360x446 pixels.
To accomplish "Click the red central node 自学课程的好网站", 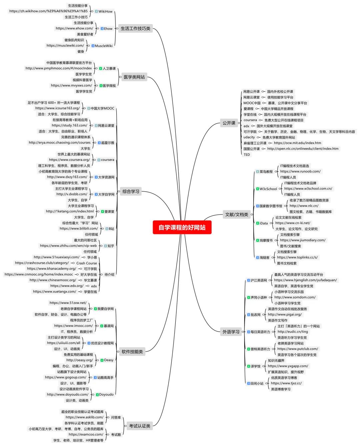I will (x=182, y=228).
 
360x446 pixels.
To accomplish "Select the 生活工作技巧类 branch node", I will (x=135, y=28).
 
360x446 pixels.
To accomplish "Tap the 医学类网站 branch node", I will (x=134, y=77).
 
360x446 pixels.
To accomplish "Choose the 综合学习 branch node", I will (x=131, y=191).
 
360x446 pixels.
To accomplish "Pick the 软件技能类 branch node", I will (x=132, y=352).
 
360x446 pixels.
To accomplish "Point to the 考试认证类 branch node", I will (x=140, y=426).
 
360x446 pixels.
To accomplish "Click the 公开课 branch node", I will (x=229, y=123).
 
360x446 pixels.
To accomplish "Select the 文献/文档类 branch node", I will (x=237, y=214).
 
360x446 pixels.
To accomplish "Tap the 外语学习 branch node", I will (x=231, y=332).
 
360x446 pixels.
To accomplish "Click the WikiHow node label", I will (x=105, y=11).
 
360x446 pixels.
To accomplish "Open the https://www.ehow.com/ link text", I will (x=74, y=28).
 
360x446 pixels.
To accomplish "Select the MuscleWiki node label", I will (x=104, y=46).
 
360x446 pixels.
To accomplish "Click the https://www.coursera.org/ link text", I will (x=69, y=160).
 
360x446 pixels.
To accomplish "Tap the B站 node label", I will (x=111, y=229).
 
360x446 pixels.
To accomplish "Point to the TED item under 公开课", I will (x=247, y=155).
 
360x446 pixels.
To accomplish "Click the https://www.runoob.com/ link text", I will (x=300, y=171).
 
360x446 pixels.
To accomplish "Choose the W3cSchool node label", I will (x=268, y=189).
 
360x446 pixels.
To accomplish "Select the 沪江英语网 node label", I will (x=259, y=281).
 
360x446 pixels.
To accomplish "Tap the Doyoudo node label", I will (x=106, y=395).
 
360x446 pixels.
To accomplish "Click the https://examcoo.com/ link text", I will (x=86, y=434).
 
